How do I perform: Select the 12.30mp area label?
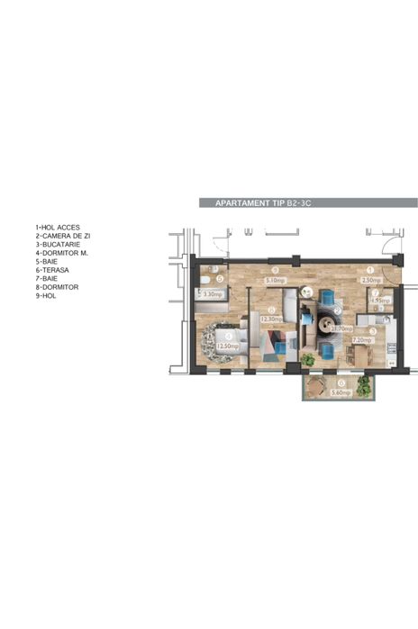(x=271, y=319)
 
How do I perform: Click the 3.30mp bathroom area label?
(x=212, y=294)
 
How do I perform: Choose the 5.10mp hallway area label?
(x=277, y=279)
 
